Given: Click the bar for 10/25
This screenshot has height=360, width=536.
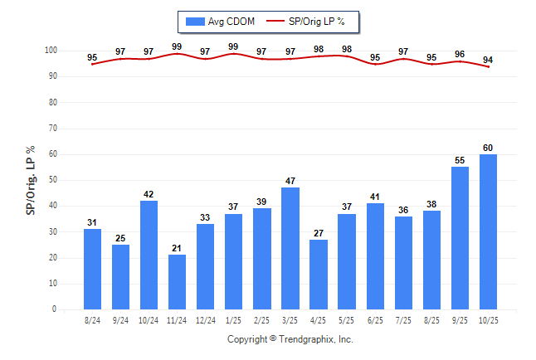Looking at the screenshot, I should coord(489,231).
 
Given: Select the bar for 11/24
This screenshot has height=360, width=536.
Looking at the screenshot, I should coord(178,282).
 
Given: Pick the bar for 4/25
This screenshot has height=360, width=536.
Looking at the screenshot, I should coord(319,275).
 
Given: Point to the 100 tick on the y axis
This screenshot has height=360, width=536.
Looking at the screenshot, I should coord(50,51).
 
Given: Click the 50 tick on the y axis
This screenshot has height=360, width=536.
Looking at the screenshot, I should coord(52,180).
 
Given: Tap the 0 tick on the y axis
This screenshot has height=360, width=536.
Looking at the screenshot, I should coord(55,309).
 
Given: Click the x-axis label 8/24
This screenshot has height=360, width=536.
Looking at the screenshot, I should coord(93,320).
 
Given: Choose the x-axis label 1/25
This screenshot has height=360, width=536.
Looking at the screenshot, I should coord(234,320).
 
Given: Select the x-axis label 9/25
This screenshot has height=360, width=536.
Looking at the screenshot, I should coord(460,320).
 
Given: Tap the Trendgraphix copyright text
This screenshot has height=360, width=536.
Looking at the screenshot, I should coord(290,339).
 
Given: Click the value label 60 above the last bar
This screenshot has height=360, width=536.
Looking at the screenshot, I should coord(489,148).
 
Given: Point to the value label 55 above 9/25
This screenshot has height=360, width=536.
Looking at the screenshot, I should coord(460,161).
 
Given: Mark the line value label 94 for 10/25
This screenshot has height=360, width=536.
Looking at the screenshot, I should coord(489,59).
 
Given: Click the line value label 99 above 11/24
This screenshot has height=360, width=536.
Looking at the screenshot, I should coord(178,46).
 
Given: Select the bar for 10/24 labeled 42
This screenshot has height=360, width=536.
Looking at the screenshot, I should coord(149,255).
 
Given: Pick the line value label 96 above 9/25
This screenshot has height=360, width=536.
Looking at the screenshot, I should coord(460,54).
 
